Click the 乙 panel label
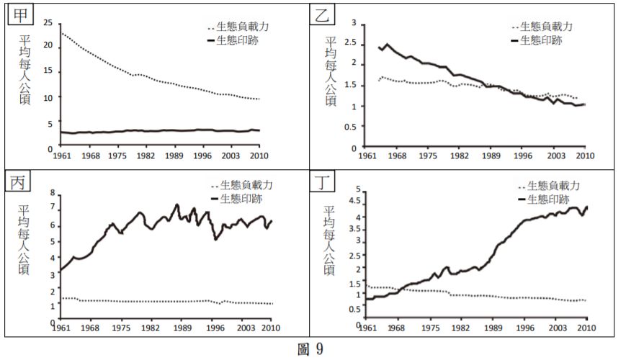click(x=322, y=15)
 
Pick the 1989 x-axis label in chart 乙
click(x=491, y=156)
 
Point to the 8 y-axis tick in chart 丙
click(x=51, y=192)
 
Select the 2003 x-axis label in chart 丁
click(x=555, y=329)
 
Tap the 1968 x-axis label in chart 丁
click(x=397, y=329)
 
